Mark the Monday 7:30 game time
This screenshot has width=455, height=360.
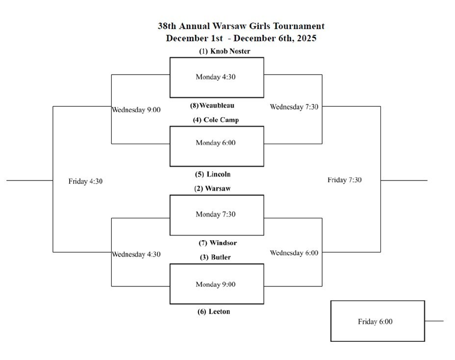point(216,214)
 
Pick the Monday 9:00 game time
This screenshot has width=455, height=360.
point(216,284)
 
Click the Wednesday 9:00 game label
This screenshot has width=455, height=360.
point(136,110)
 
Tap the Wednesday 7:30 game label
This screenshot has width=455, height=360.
point(294,107)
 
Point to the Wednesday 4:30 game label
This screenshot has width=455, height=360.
point(136,254)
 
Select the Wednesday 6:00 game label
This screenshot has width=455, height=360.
point(294,253)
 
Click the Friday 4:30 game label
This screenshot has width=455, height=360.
point(86,181)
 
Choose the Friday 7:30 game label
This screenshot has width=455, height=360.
point(345,180)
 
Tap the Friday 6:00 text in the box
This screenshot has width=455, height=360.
point(375,322)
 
